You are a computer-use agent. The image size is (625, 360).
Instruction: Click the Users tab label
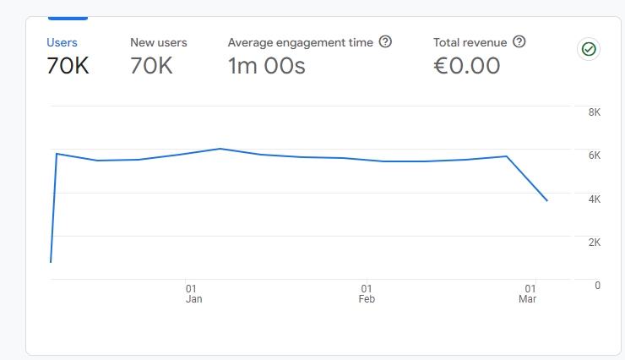pos(62,42)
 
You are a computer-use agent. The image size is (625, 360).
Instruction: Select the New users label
pos(159,42)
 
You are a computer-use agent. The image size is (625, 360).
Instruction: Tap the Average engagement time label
pos(300,42)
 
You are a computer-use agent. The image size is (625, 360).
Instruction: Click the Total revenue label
pos(470,42)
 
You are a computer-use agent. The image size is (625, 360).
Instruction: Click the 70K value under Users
pos(68,66)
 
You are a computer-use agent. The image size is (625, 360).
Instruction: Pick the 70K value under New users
pos(151,66)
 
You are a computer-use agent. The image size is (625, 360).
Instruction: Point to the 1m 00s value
pos(266,66)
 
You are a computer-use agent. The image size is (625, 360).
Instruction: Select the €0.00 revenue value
pos(466,66)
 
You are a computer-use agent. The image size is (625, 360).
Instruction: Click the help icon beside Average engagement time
pos(386,41)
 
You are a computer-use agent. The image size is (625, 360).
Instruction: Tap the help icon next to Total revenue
pos(519,41)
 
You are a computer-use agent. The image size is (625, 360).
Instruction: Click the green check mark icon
pos(589,49)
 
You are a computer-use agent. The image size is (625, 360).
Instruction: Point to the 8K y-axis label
pos(594,112)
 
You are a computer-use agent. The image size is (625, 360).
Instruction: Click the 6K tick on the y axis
pos(594,155)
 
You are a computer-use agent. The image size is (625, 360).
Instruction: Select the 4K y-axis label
pos(594,199)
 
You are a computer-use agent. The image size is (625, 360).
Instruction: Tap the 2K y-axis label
pos(594,242)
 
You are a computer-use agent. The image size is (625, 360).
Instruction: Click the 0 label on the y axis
pos(597,285)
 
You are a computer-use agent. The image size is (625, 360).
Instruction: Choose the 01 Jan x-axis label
pos(193,293)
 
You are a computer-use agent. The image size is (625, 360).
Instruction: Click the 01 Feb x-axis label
pos(367,293)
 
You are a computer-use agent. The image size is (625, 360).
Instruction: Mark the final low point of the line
pos(547,200)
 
